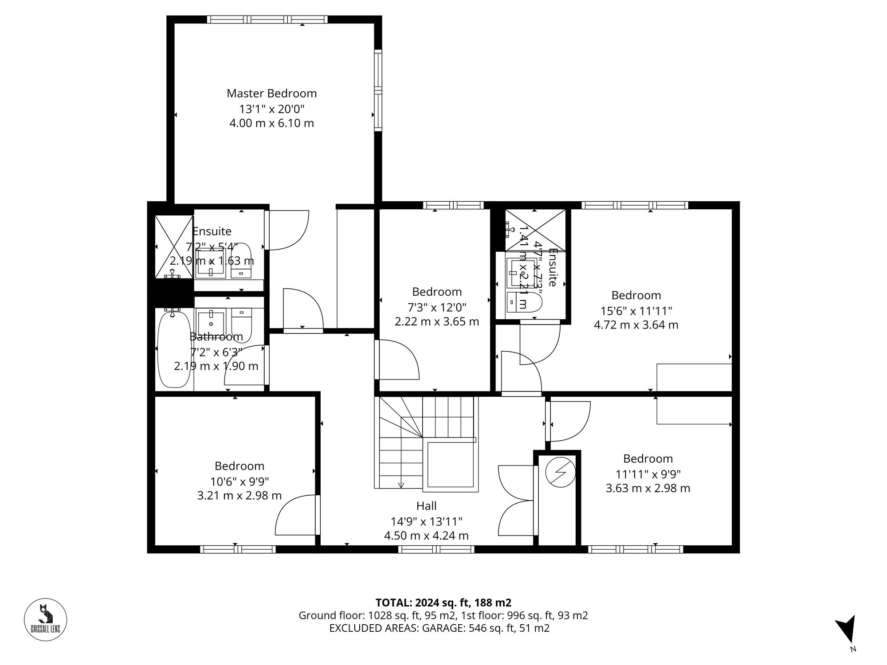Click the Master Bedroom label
tap(271, 94)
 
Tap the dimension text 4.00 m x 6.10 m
tap(271, 123)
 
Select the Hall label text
tap(426, 506)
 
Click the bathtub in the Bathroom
tap(174, 349)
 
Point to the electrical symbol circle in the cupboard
tap(560, 472)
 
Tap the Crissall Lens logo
tap(45, 620)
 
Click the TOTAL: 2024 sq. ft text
tap(443, 602)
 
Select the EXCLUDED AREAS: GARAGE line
tap(439, 628)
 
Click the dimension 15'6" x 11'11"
tap(636, 310)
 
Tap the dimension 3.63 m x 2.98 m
tap(648, 489)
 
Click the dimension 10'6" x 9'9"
tap(239, 481)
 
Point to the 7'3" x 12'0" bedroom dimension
tap(437, 307)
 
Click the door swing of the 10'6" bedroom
tap(295, 516)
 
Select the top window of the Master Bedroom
tap(267, 19)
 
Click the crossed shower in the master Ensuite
tap(174, 246)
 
